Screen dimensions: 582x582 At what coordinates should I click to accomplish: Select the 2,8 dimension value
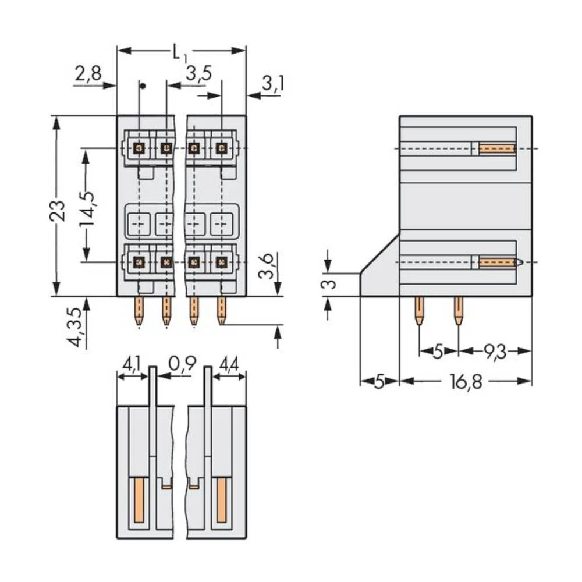88,74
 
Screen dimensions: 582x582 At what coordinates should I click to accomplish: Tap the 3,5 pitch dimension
198,74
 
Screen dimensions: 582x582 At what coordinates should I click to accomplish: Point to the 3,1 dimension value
272,84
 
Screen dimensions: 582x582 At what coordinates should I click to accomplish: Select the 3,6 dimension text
267,268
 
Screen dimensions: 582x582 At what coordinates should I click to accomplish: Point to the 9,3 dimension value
494,351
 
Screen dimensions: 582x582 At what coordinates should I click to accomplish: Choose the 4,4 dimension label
228,365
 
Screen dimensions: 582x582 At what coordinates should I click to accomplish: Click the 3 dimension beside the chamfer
329,285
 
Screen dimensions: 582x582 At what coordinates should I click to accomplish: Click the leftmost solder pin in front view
139,311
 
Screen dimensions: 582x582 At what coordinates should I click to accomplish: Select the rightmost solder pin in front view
221,311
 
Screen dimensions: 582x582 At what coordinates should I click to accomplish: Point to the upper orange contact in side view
497,149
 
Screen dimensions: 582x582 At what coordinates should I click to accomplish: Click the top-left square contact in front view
139,148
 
